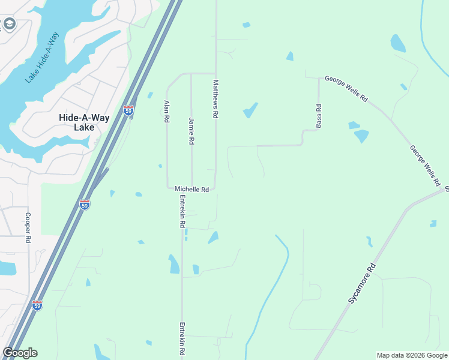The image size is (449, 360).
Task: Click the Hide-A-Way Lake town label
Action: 84,122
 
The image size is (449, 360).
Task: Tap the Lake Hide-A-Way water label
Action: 44,57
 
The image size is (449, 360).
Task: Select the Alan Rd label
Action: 167,112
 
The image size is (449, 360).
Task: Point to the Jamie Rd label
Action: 191,130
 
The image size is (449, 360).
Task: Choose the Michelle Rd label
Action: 191,189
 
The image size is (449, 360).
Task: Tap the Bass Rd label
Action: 319,116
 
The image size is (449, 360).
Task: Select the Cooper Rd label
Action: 28,227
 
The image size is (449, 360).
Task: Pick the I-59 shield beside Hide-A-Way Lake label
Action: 128,110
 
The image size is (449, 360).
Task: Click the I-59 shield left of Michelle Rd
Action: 85,205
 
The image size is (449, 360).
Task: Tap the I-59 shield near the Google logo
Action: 37,305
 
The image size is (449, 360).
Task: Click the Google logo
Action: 20,353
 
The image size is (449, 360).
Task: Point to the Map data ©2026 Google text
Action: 412,355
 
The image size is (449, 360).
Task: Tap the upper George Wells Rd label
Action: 346,88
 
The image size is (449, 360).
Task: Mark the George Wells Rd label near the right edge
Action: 425,164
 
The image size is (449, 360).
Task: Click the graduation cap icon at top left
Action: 9,24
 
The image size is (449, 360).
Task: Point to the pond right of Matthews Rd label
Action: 250,110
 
